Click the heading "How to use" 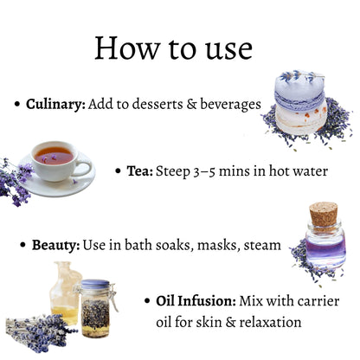point(174,48)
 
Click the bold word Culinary point(55,105)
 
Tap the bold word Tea point(139,171)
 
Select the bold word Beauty point(55,245)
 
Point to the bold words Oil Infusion point(196,301)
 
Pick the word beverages point(230,105)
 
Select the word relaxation point(270,322)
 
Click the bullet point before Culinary point(17,104)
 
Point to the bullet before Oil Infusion point(147,301)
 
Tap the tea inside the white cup point(54,156)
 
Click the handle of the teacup point(83,169)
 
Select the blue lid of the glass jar point(95,285)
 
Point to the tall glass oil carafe point(65,292)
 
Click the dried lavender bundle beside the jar point(40,331)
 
